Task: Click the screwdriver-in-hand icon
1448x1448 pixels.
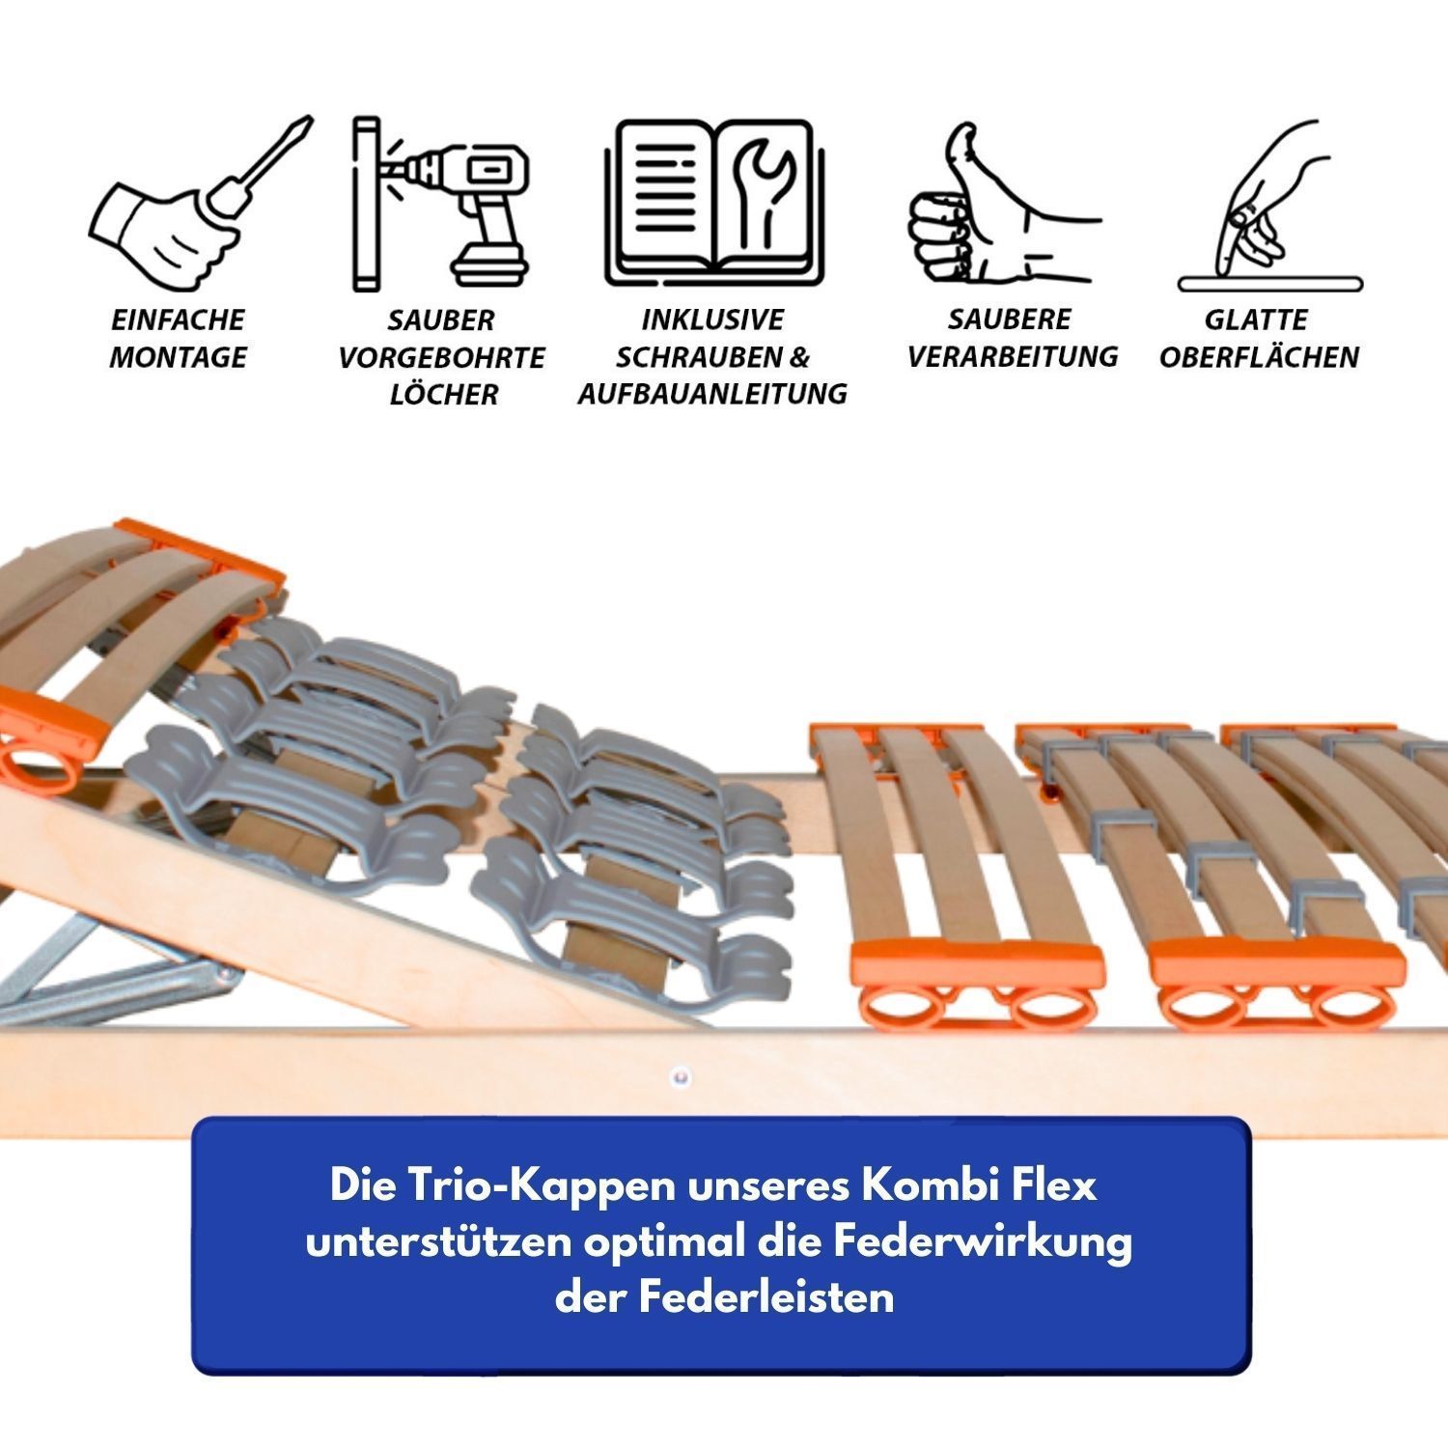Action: point(198,208)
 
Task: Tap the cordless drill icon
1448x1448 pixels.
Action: point(442,204)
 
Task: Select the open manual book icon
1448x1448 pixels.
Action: point(714,204)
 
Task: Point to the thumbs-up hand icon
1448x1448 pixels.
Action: point(1004,205)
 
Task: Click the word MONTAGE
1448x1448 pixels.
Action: point(178,357)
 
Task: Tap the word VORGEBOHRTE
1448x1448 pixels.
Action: point(441,357)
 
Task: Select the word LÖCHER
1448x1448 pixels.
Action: point(443,394)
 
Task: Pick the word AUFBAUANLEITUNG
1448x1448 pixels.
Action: point(712,394)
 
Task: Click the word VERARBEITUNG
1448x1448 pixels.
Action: point(1012,356)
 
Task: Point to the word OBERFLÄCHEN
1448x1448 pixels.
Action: point(1259,357)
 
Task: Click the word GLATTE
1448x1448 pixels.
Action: point(1256,320)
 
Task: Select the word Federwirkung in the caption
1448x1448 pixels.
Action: point(982,1241)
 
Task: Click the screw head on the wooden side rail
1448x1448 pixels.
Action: point(680,1074)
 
